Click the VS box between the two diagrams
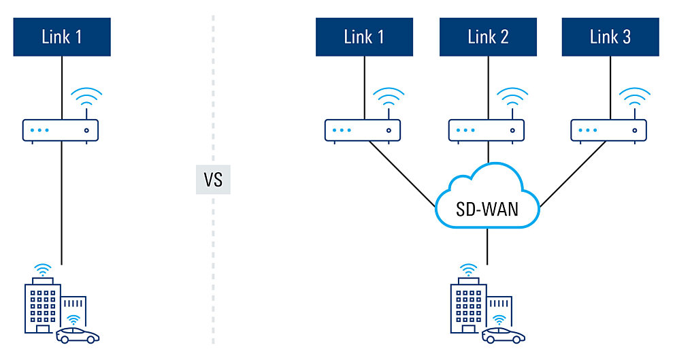213,180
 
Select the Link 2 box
488,37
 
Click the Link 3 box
610,37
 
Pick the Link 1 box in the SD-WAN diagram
364,37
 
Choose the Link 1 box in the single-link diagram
62,37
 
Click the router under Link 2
487,130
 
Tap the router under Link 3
609,130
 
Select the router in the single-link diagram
61,130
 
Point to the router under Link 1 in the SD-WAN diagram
362,130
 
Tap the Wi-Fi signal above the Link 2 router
511,99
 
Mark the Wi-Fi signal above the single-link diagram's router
86,99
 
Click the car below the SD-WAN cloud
504,336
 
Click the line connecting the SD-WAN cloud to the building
487,246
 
